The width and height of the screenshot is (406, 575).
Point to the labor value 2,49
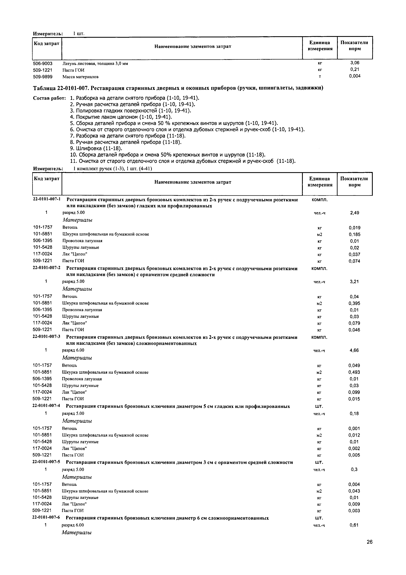[x=354, y=213]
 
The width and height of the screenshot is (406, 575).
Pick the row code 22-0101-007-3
[x=47, y=337]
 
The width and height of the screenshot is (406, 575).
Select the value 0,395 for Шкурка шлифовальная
[x=354, y=303]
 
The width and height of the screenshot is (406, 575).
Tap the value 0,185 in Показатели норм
[x=354, y=235]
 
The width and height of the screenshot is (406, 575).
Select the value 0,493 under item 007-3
[x=354, y=372]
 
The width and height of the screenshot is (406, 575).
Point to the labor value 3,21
[x=354, y=282]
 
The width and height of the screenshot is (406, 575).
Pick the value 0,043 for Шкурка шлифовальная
[x=354, y=491]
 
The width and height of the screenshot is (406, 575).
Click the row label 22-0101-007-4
[x=46, y=405]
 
